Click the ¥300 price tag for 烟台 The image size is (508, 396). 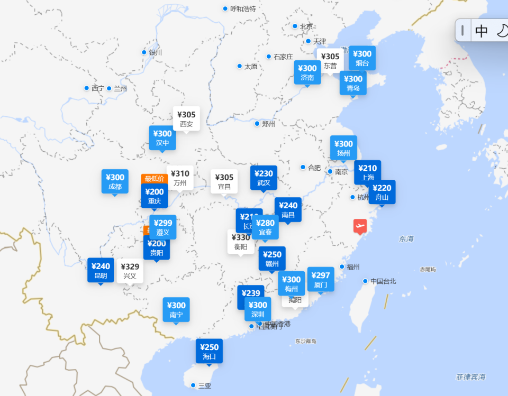click(362, 58)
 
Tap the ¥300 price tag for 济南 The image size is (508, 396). click(307, 72)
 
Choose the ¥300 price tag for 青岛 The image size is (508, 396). click(353, 83)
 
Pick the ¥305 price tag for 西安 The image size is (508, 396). click(186, 119)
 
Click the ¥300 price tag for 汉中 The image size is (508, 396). click(162, 137)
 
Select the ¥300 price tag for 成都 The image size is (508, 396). click(115, 181)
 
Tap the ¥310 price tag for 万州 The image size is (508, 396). click(180, 178)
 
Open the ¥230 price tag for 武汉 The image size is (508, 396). click(264, 178)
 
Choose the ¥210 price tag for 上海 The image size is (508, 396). click(367, 172)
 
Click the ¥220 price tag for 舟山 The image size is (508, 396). click(382, 192)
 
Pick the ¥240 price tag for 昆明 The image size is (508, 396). click(101, 270)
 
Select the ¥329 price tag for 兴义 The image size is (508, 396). click(130, 271)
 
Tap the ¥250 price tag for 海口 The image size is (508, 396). click(209, 352)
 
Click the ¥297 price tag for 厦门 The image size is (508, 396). click(321, 279)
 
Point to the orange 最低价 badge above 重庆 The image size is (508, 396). click(154, 179)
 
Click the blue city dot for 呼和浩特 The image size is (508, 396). click(225, 8)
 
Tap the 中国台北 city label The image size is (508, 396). click(383, 281)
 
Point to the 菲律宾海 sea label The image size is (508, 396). click(470, 377)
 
